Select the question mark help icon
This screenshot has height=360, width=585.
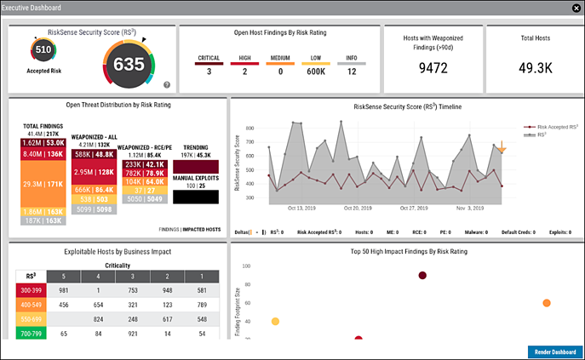pyautogui.click(x=167, y=85)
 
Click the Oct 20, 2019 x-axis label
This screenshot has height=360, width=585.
pyautogui.click(x=357, y=208)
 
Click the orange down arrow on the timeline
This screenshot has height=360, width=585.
pyautogui.click(x=502, y=149)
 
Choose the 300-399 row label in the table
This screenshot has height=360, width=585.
pyautogui.click(x=32, y=290)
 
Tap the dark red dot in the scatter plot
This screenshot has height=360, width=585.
pyautogui.click(x=422, y=275)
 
